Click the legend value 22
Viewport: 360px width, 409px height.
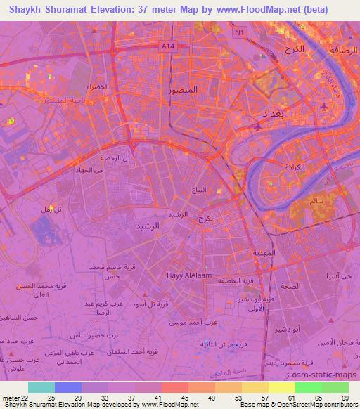(27, 398)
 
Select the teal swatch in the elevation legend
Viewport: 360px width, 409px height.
(41, 387)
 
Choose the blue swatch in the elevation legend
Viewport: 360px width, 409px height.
(67, 387)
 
